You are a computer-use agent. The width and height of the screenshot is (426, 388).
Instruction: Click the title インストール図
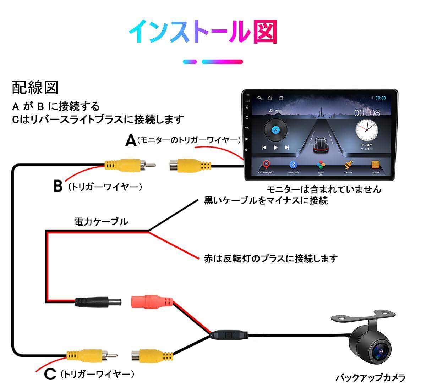pyautogui.click(x=203, y=32)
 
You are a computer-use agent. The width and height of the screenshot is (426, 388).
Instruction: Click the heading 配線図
pyautogui.click(x=35, y=88)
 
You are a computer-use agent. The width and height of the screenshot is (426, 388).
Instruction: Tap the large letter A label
pyautogui.click(x=131, y=140)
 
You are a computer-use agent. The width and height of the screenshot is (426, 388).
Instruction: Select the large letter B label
pyautogui.click(x=58, y=186)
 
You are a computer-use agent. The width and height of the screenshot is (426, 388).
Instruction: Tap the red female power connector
pyautogui.click(x=152, y=302)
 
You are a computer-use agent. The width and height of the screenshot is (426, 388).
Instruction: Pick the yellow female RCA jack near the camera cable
pyautogui.click(x=152, y=355)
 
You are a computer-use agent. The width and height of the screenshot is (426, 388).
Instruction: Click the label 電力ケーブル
pyautogui.click(x=101, y=222)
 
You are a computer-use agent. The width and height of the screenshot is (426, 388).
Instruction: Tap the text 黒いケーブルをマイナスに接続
pyautogui.click(x=266, y=200)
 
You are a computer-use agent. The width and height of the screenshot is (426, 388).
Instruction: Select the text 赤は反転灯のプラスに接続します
pyautogui.click(x=271, y=259)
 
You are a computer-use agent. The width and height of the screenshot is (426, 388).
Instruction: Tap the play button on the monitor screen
pyautogui.click(x=275, y=147)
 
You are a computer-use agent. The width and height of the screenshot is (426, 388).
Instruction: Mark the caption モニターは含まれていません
pyautogui.click(x=324, y=189)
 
